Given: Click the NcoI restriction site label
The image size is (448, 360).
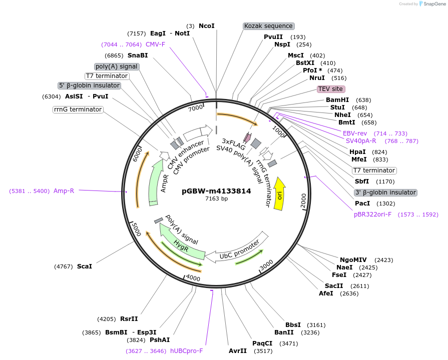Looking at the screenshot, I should pos(206,26).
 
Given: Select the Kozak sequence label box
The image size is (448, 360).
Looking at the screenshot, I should pos(268,26).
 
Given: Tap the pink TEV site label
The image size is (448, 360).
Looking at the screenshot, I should pos(330,89).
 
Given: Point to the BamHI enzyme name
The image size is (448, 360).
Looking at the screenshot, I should pos(337,100).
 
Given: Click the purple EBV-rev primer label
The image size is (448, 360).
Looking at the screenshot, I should pos(355,133).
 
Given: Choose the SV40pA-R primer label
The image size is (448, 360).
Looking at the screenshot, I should pos(361,141).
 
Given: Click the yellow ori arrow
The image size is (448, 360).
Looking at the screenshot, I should pos(279,195).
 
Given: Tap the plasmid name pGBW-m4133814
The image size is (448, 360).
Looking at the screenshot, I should pos(216,190).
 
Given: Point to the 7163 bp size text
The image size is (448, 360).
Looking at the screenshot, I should pos(216,198).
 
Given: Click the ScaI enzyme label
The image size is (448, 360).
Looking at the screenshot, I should pos(85,266).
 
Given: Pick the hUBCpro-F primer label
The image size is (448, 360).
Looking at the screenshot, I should pos(186,351).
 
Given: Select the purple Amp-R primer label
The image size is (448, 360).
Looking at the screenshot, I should pos(64,190).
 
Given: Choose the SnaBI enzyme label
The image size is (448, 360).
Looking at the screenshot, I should pos(138,55).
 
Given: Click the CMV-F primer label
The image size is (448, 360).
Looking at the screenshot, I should pos(155,44).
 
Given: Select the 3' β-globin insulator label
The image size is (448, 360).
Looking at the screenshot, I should pos(385,192).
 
